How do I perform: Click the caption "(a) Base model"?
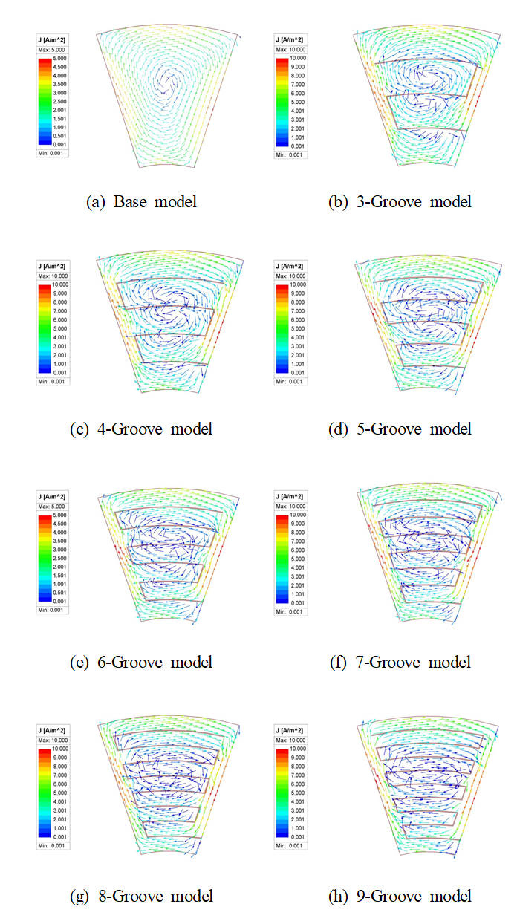tap(141, 201)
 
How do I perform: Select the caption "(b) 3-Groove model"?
tap(400, 201)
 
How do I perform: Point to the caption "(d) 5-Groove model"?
tap(400, 429)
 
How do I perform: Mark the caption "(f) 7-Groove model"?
tap(400, 662)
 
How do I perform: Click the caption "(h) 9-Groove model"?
tap(400, 897)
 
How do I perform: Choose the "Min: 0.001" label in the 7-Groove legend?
tap(290, 611)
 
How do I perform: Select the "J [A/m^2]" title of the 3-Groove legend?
tap(290, 39)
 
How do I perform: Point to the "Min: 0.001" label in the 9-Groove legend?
tap(290, 846)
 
